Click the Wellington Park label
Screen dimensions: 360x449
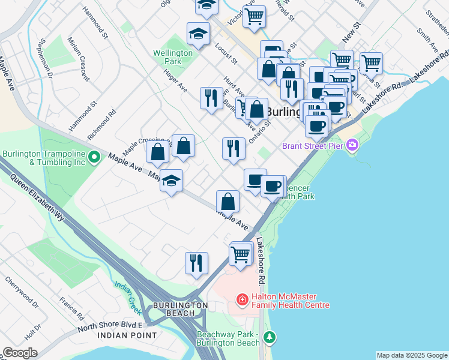coord(172,57)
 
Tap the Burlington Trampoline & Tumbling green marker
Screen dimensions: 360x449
coord(94,158)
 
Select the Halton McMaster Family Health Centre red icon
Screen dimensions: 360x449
coord(243,299)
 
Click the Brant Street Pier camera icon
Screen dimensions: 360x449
coord(352,145)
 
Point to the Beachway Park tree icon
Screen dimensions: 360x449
coord(270,338)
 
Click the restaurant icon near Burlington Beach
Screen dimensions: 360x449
coord(196,263)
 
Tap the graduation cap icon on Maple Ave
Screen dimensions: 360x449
coord(171,180)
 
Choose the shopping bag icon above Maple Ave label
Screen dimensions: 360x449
coord(228,202)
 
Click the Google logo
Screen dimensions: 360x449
coord(20,353)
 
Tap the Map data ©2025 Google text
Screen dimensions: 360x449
coord(411,355)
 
